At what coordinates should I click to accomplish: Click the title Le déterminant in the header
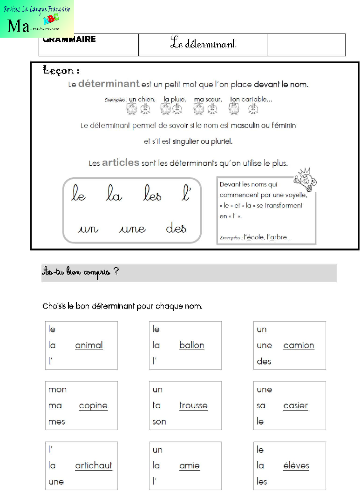pyautogui.click(x=203, y=44)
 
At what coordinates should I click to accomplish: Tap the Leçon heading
pyautogui.click(x=61, y=71)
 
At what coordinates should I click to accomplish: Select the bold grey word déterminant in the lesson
pyautogui.click(x=109, y=84)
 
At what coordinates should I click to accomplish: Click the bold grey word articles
pyautogui.click(x=121, y=162)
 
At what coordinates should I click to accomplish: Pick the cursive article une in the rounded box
pyautogui.click(x=132, y=229)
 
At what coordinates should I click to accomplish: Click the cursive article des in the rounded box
pyautogui.click(x=176, y=228)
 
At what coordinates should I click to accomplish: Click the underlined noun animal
pyautogui.click(x=89, y=345)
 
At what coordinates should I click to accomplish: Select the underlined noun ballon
pyautogui.click(x=192, y=345)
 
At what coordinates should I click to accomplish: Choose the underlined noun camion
pyautogui.click(x=299, y=345)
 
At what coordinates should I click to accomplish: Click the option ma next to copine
pyautogui.click(x=55, y=405)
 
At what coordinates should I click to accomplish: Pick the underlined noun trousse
pyautogui.click(x=193, y=405)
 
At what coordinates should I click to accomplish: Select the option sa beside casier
pyautogui.click(x=261, y=405)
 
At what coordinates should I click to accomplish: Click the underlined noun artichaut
pyautogui.click(x=94, y=465)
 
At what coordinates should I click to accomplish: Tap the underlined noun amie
pyautogui.click(x=190, y=465)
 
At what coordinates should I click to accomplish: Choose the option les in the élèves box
pyautogui.click(x=262, y=481)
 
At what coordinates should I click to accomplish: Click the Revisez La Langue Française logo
pyautogui.click(x=37, y=19)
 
